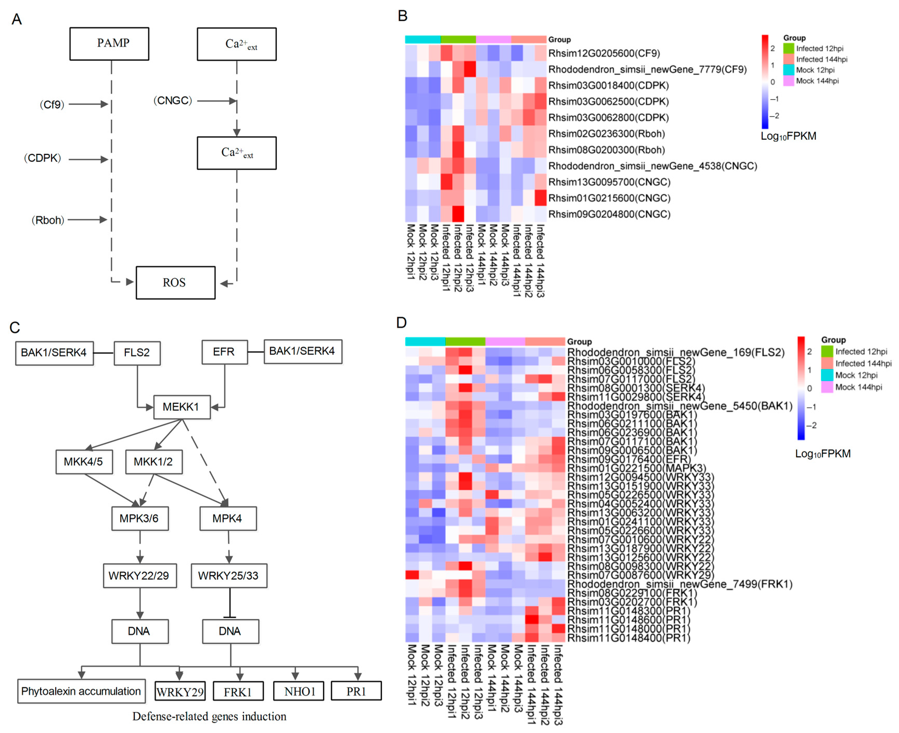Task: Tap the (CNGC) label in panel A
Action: [x=172, y=101]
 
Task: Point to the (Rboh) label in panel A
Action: [x=48, y=220]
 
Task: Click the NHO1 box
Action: [x=299, y=691]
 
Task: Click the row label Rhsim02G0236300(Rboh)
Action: [x=606, y=134]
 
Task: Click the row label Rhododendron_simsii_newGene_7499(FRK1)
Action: [x=679, y=584]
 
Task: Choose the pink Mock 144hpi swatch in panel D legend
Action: [x=827, y=387]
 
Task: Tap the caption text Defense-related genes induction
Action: [x=209, y=716]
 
